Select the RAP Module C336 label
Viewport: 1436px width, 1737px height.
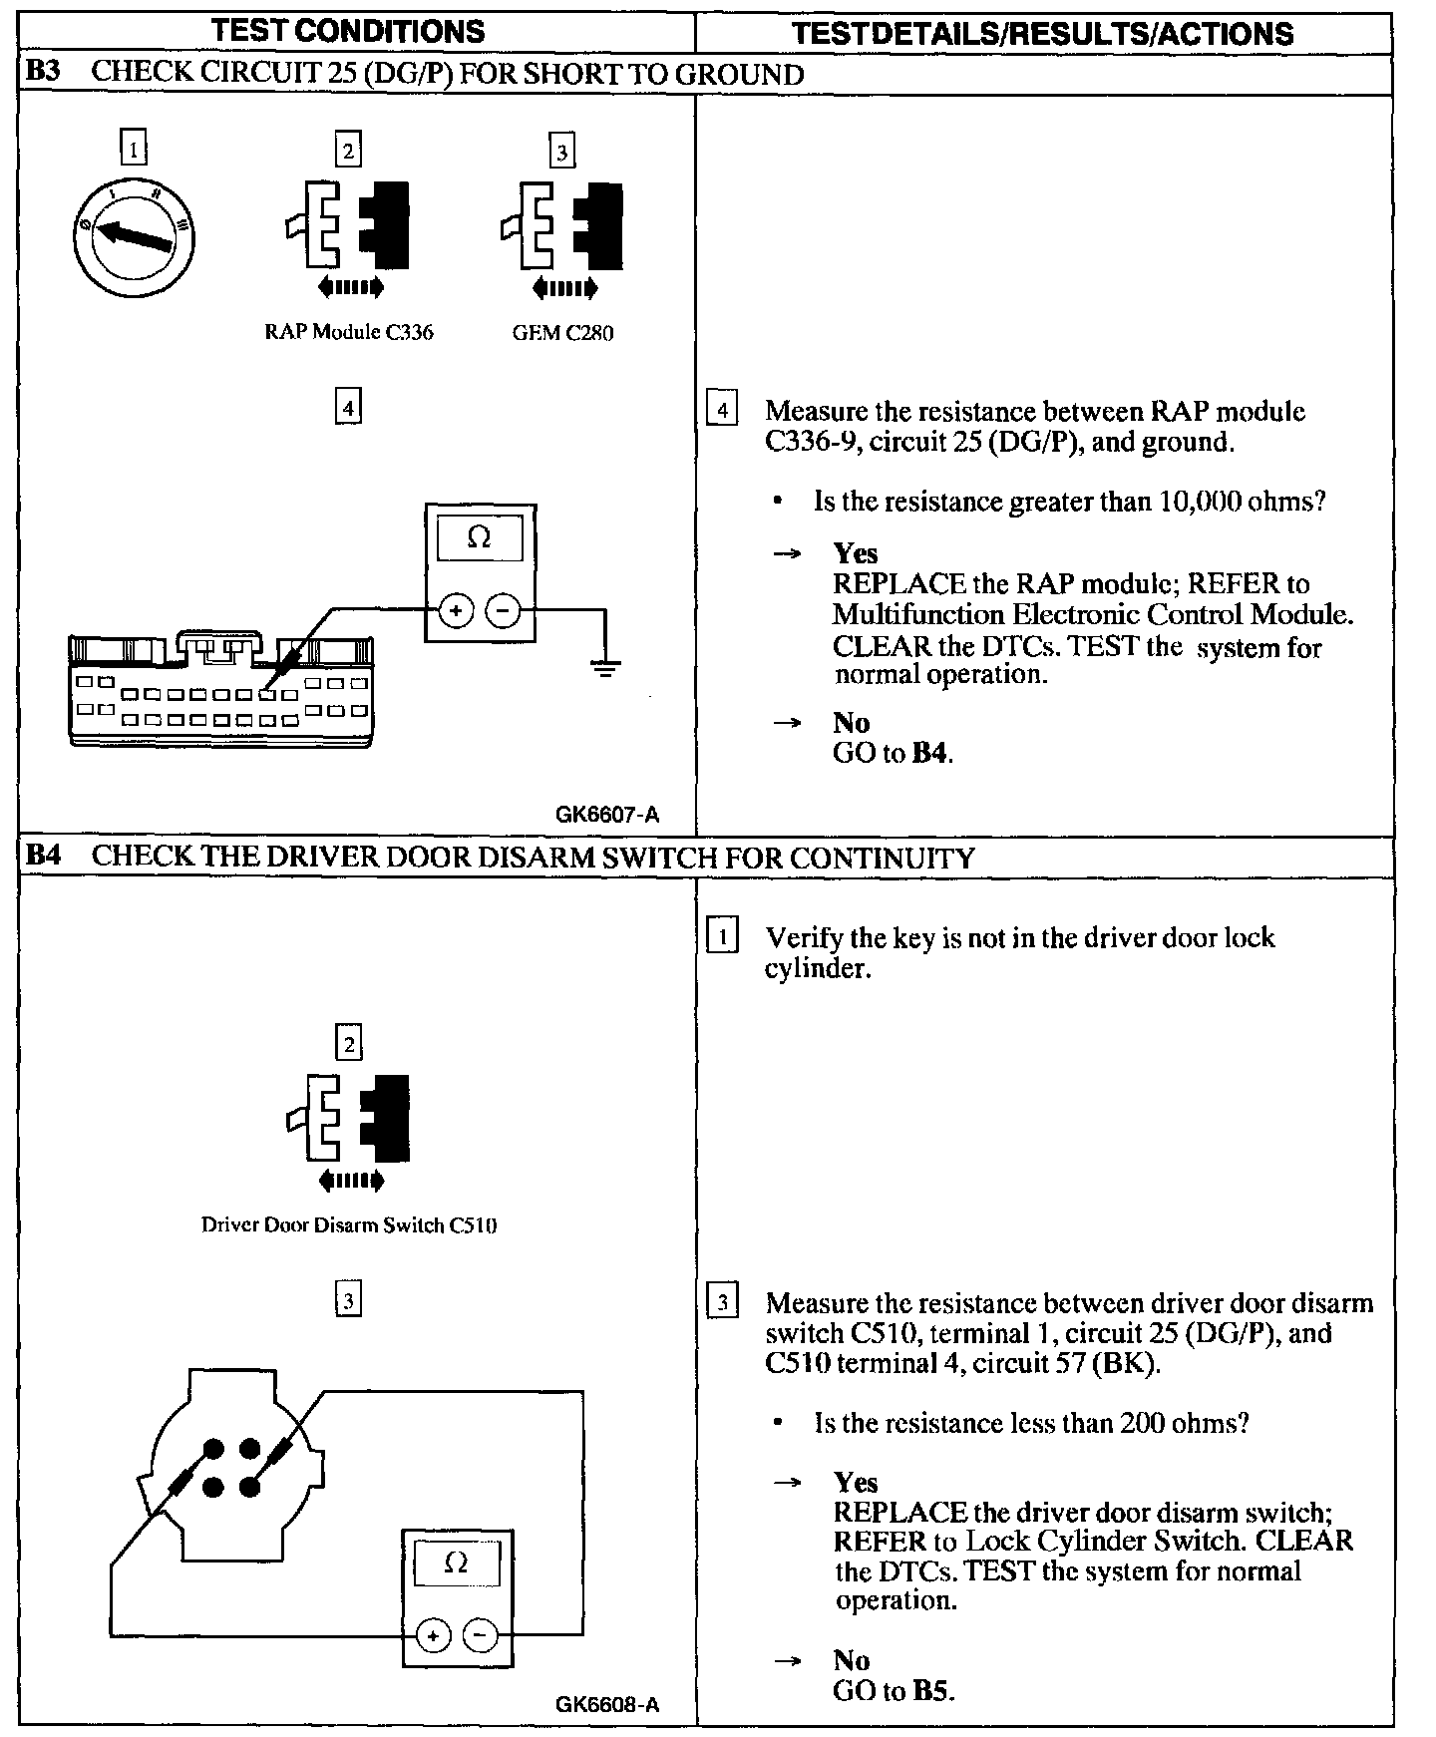348,332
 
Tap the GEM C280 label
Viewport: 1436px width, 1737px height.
562,333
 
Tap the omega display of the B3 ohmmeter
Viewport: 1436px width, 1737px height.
480,538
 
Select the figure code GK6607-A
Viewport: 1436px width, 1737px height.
607,815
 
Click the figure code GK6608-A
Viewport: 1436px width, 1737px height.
607,1704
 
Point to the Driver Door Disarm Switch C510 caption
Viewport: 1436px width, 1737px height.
349,1224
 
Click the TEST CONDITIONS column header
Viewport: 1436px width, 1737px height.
348,31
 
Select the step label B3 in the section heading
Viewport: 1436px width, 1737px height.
46,73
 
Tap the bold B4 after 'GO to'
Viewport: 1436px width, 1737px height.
929,753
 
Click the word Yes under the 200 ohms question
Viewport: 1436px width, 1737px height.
856,1482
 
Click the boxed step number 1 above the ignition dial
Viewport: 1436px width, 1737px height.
133,150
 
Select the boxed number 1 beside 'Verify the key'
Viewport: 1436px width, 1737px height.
722,937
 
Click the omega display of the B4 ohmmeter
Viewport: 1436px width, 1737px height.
456,1563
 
